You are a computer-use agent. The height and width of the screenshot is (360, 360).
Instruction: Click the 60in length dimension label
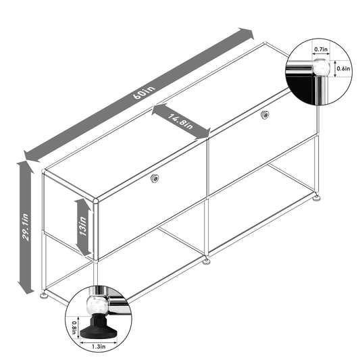click(x=140, y=93)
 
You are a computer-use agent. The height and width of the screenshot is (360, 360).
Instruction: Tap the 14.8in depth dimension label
click(x=180, y=122)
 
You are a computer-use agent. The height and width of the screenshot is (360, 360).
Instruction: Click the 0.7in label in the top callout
click(x=320, y=49)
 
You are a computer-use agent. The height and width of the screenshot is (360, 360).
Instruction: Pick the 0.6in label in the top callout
click(x=343, y=68)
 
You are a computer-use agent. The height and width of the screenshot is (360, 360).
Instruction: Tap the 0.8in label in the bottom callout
click(x=75, y=327)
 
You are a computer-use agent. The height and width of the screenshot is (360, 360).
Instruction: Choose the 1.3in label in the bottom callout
click(x=99, y=346)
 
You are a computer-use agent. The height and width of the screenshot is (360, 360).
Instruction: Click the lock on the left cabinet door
click(x=155, y=178)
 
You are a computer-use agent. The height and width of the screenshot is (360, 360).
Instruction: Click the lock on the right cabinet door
click(x=265, y=116)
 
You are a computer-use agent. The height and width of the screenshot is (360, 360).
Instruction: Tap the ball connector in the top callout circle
click(x=321, y=68)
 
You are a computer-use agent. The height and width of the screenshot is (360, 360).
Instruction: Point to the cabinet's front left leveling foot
click(x=45, y=294)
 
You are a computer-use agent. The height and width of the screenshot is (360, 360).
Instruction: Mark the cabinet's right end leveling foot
click(x=316, y=199)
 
